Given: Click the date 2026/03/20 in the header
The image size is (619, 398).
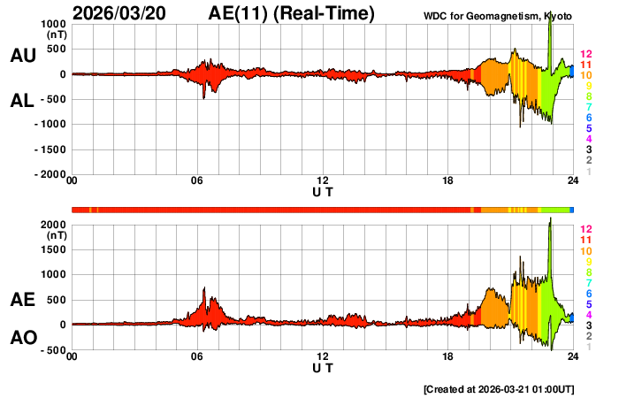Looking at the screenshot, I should pyautogui.click(x=124, y=13).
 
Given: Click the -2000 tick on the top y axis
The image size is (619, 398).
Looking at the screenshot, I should pyautogui.click(x=50, y=175).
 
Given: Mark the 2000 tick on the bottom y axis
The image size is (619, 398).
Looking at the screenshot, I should pyautogui.click(x=55, y=225).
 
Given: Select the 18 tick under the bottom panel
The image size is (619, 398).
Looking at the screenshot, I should pyautogui.click(x=448, y=357).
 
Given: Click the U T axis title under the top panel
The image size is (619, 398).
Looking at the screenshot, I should pyautogui.click(x=323, y=192).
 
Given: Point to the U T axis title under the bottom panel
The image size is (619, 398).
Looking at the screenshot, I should pyautogui.click(x=323, y=367).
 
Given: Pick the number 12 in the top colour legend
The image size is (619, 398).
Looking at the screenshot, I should pyautogui.click(x=585, y=55).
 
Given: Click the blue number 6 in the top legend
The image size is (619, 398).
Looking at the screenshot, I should pyautogui.click(x=588, y=119).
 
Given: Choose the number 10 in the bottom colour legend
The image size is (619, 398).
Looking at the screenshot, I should pyautogui.click(x=585, y=250).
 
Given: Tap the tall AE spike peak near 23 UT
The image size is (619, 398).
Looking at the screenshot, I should pyautogui.click(x=550, y=218).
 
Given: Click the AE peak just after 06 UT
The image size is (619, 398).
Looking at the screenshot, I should pyautogui.click(x=204, y=287).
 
